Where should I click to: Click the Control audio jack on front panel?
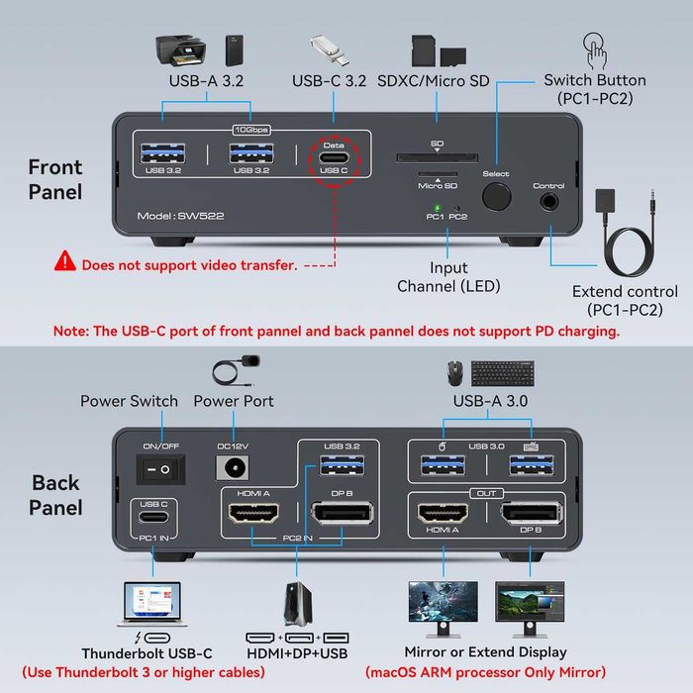[x=547, y=202]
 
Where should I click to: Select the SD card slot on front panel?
[x=437, y=156]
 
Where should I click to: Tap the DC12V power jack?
[x=237, y=468]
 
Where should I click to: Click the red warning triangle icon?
[x=65, y=261]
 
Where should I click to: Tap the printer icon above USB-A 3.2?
[x=180, y=49]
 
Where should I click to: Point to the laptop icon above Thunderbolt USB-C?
[x=153, y=605]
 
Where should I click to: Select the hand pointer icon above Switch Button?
[x=595, y=48]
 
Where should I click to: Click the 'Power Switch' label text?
[x=130, y=401]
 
